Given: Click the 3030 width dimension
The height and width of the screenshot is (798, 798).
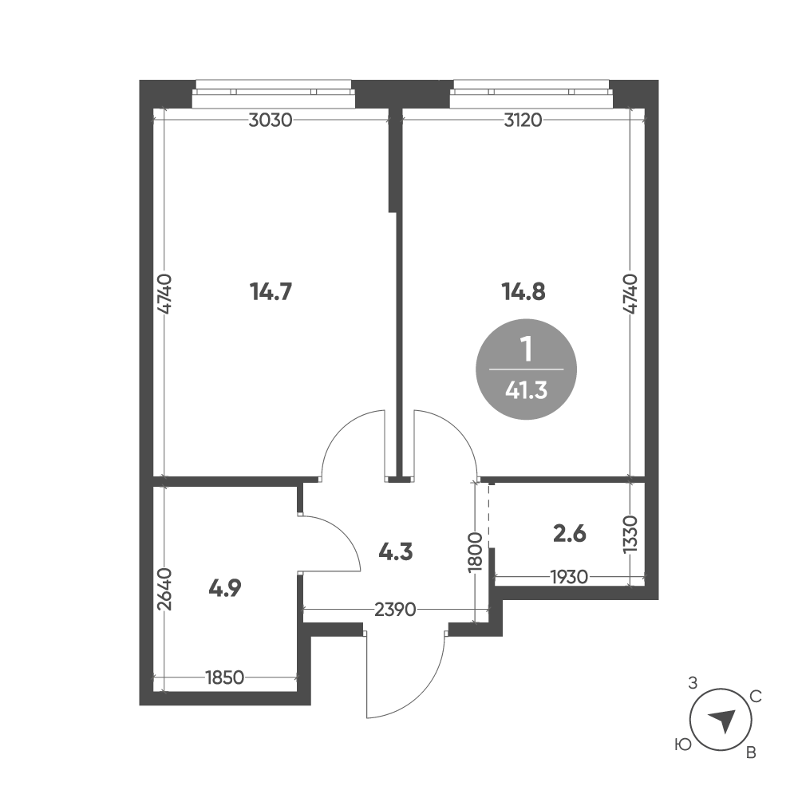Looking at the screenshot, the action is pyautogui.click(x=271, y=120).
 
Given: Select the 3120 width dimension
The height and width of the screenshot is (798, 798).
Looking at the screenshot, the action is pyautogui.click(x=523, y=120).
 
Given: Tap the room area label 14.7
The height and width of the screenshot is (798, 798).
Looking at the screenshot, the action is pyautogui.click(x=271, y=292).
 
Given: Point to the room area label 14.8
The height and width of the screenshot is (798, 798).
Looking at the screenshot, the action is pyautogui.click(x=523, y=292).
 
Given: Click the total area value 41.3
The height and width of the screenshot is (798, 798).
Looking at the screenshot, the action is pyautogui.click(x=526, y=390).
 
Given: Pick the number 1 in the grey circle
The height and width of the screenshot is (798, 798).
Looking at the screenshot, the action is pyautogui.click(x=527, y=350).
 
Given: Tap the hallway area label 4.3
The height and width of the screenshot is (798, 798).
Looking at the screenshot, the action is pyautogui.click(x=396, y=551).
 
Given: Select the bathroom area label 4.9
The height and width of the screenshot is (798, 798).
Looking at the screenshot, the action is pyautogui.click(x=225, y=588).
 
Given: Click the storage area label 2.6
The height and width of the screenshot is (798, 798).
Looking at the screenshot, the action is pyautogui.click(x=570, y=534).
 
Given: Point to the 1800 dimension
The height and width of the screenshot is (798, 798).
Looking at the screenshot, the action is pyautogui.click(x=476, y=552).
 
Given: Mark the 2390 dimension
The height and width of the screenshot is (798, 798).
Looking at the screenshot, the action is pyautogui.click(x=395, y=609).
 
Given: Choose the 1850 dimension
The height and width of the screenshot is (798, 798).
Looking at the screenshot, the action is pyautogui.click(x=224, y=678).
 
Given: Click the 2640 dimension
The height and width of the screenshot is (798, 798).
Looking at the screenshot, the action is pyautogui.click(x=165, y=589).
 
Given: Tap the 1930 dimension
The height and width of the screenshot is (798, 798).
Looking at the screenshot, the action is pyautogui.click(x=569, y=577).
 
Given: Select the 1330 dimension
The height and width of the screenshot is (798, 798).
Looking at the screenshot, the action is pyautogui.click(x=630, y=534).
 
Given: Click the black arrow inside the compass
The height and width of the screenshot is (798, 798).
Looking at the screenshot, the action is pyautogui.click(x=723, y=720).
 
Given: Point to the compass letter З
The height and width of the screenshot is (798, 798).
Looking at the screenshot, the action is pyautogui.click(x=692, y=683).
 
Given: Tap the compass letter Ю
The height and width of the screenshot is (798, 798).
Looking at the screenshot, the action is pyautogui.click(x=683, y=745).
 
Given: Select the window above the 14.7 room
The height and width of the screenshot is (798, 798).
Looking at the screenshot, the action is pyautogui.click(x=274, y=93).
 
